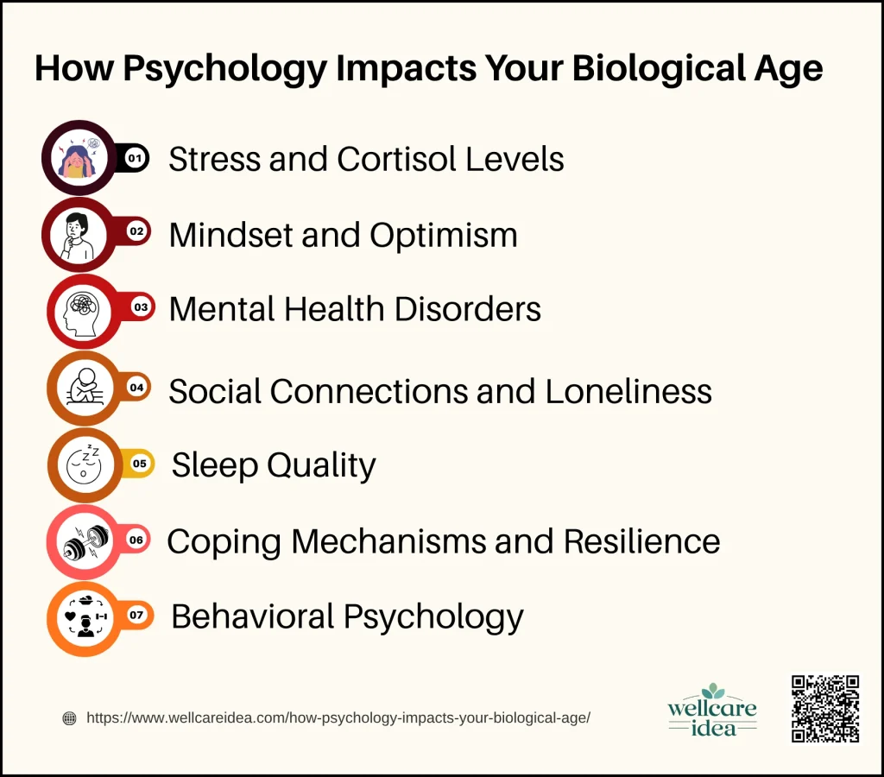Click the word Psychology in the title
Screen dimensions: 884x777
(225, 69)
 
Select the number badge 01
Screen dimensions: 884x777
(136, 159)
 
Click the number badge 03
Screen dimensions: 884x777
(141, 307)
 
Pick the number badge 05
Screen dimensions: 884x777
(139, 464)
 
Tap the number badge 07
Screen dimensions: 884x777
(137, 615)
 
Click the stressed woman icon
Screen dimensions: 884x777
(79, 157)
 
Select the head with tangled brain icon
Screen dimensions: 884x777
(82, 312)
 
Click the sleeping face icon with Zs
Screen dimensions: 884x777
(85, 464)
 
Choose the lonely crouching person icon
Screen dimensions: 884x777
(85, 387)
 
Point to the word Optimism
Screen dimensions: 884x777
(444, 236)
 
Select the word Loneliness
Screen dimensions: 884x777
(628, 391)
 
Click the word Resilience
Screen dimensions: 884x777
(642, 541)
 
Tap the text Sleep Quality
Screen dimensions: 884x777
(274, 465)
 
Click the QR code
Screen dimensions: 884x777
(824, 709)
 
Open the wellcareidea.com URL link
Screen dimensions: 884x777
(338, 717)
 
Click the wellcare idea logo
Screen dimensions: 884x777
(712, 711)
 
